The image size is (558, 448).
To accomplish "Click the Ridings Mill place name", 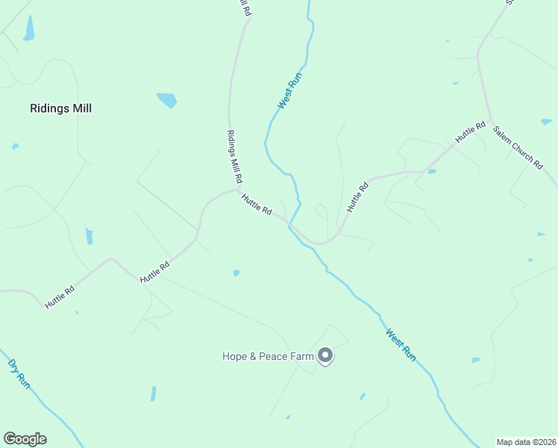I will click(60, 108).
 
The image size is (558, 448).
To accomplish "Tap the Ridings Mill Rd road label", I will click(234, 158).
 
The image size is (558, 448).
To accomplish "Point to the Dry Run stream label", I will click(19, 373).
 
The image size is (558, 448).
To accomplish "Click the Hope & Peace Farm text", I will click(268, 356).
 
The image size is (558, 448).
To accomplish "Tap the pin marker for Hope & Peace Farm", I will click(325, 355).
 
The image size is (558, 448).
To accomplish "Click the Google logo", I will click(25, 438).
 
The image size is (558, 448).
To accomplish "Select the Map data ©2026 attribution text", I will click(526, 441).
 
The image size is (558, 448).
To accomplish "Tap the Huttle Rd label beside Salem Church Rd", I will click(470, 135).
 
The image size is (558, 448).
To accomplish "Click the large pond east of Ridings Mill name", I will click(167, 99).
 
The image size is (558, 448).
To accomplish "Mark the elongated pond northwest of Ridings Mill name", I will click(29, 28).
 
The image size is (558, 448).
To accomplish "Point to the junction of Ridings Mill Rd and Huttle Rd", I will click(239, 190).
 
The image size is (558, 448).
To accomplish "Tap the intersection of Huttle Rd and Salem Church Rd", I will click(489, 122).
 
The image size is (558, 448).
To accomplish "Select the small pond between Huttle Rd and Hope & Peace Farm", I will click(236, 273).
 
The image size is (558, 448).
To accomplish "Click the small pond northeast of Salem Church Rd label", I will click(546, 121).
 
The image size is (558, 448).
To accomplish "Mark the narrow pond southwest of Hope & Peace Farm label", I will click(154, 393).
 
